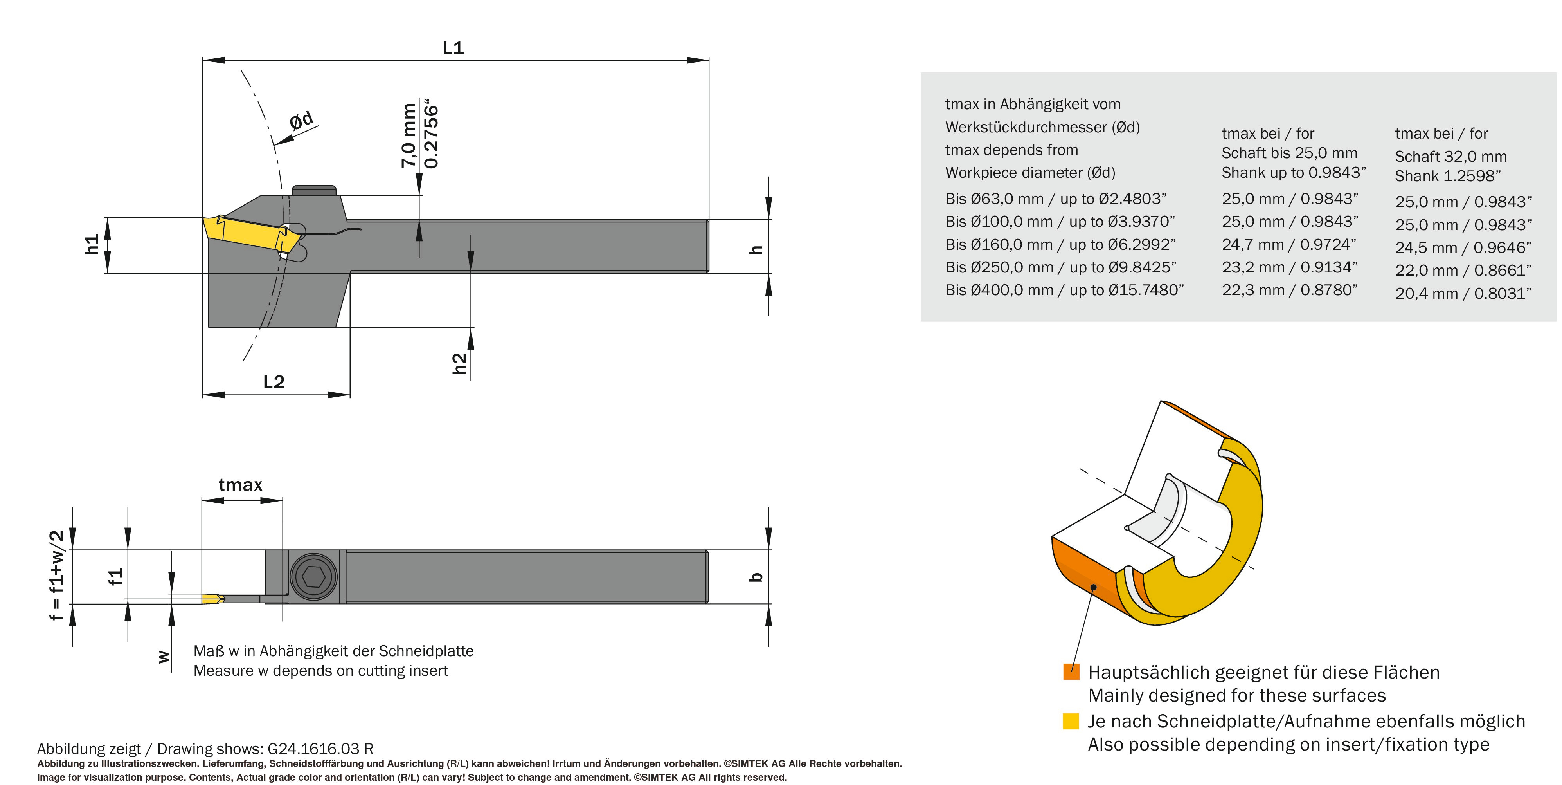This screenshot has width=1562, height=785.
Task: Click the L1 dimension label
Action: (x=453, y=47)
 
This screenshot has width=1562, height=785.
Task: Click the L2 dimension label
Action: (x=274, y=382)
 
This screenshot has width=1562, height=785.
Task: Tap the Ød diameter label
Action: (x=301, y=120)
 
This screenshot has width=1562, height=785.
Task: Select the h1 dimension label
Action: (x=92, y=244)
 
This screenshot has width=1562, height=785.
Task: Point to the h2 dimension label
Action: (x=460, y=363)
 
